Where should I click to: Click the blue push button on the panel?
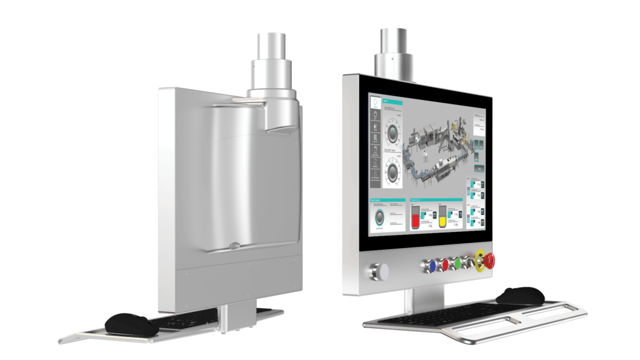431,265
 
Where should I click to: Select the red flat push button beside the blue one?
445,264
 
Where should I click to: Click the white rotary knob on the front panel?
379,271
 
